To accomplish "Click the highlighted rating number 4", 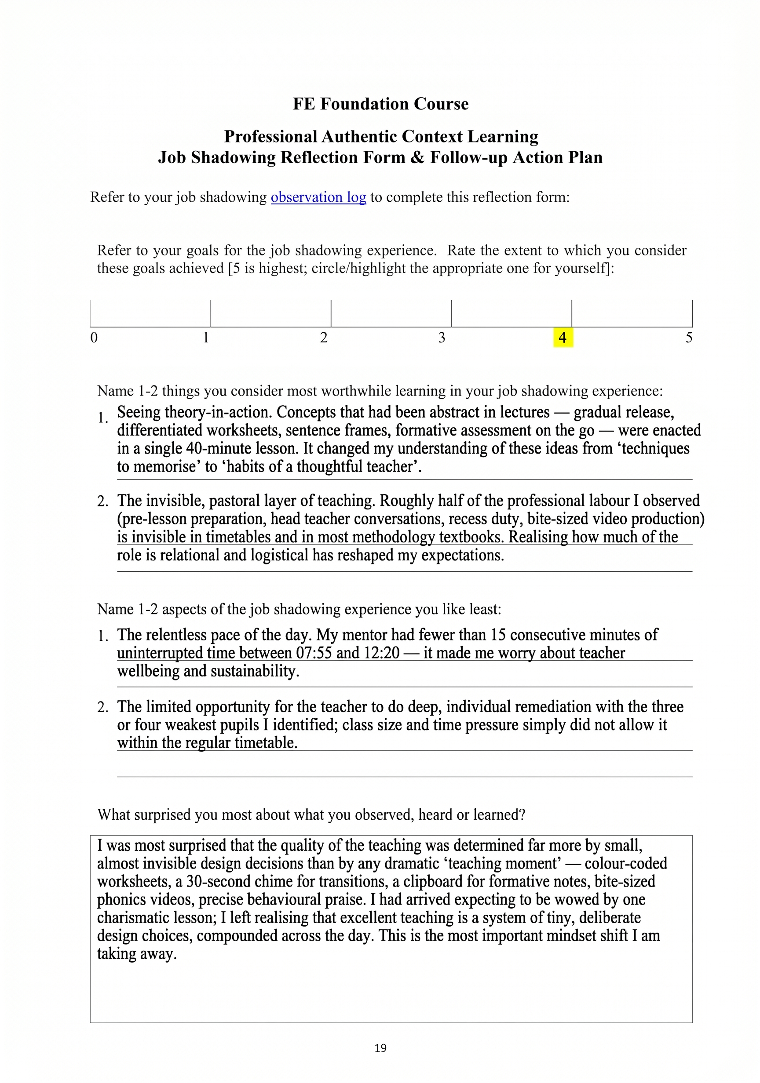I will [562, 338].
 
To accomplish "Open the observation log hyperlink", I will [318, 197].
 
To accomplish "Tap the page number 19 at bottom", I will [380, 1048].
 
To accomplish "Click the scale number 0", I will [94, 338].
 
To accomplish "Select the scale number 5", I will [689, 338].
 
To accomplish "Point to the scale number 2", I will [323, 338].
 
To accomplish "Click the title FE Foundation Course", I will [380, 104].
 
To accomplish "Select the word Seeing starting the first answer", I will [139, 412].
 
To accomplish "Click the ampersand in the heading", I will [417, 157].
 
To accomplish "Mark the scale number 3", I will [442, 338].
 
